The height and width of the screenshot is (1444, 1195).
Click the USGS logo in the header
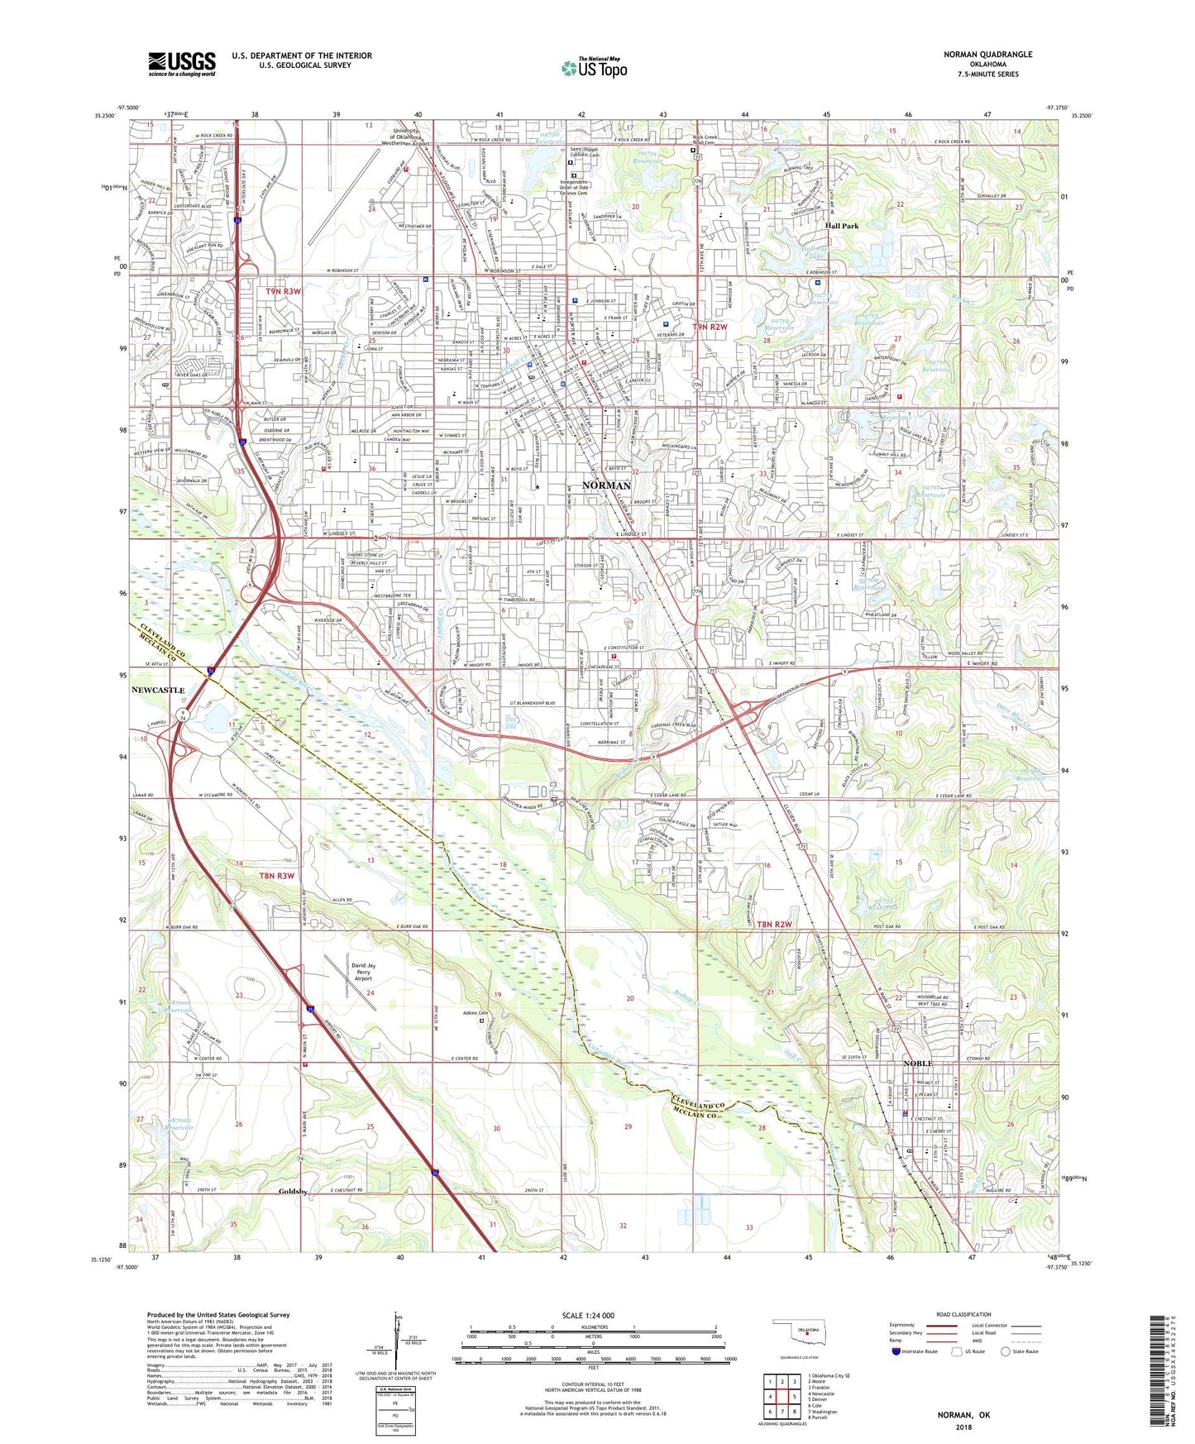click(182, 63)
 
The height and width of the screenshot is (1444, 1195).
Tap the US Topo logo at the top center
click(594, 67)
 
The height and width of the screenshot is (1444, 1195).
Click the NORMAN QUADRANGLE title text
click(987, 55)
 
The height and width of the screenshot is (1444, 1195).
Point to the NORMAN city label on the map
click(606, 485)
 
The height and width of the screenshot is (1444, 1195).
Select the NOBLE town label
click(917, 1064)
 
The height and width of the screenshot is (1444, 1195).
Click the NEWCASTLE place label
click(158, 690)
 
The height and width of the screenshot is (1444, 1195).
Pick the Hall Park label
click(842, 225)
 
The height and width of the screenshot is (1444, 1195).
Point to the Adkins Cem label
click(476, 1012)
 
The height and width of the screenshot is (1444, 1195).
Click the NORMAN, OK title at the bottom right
click(963, 1415)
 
